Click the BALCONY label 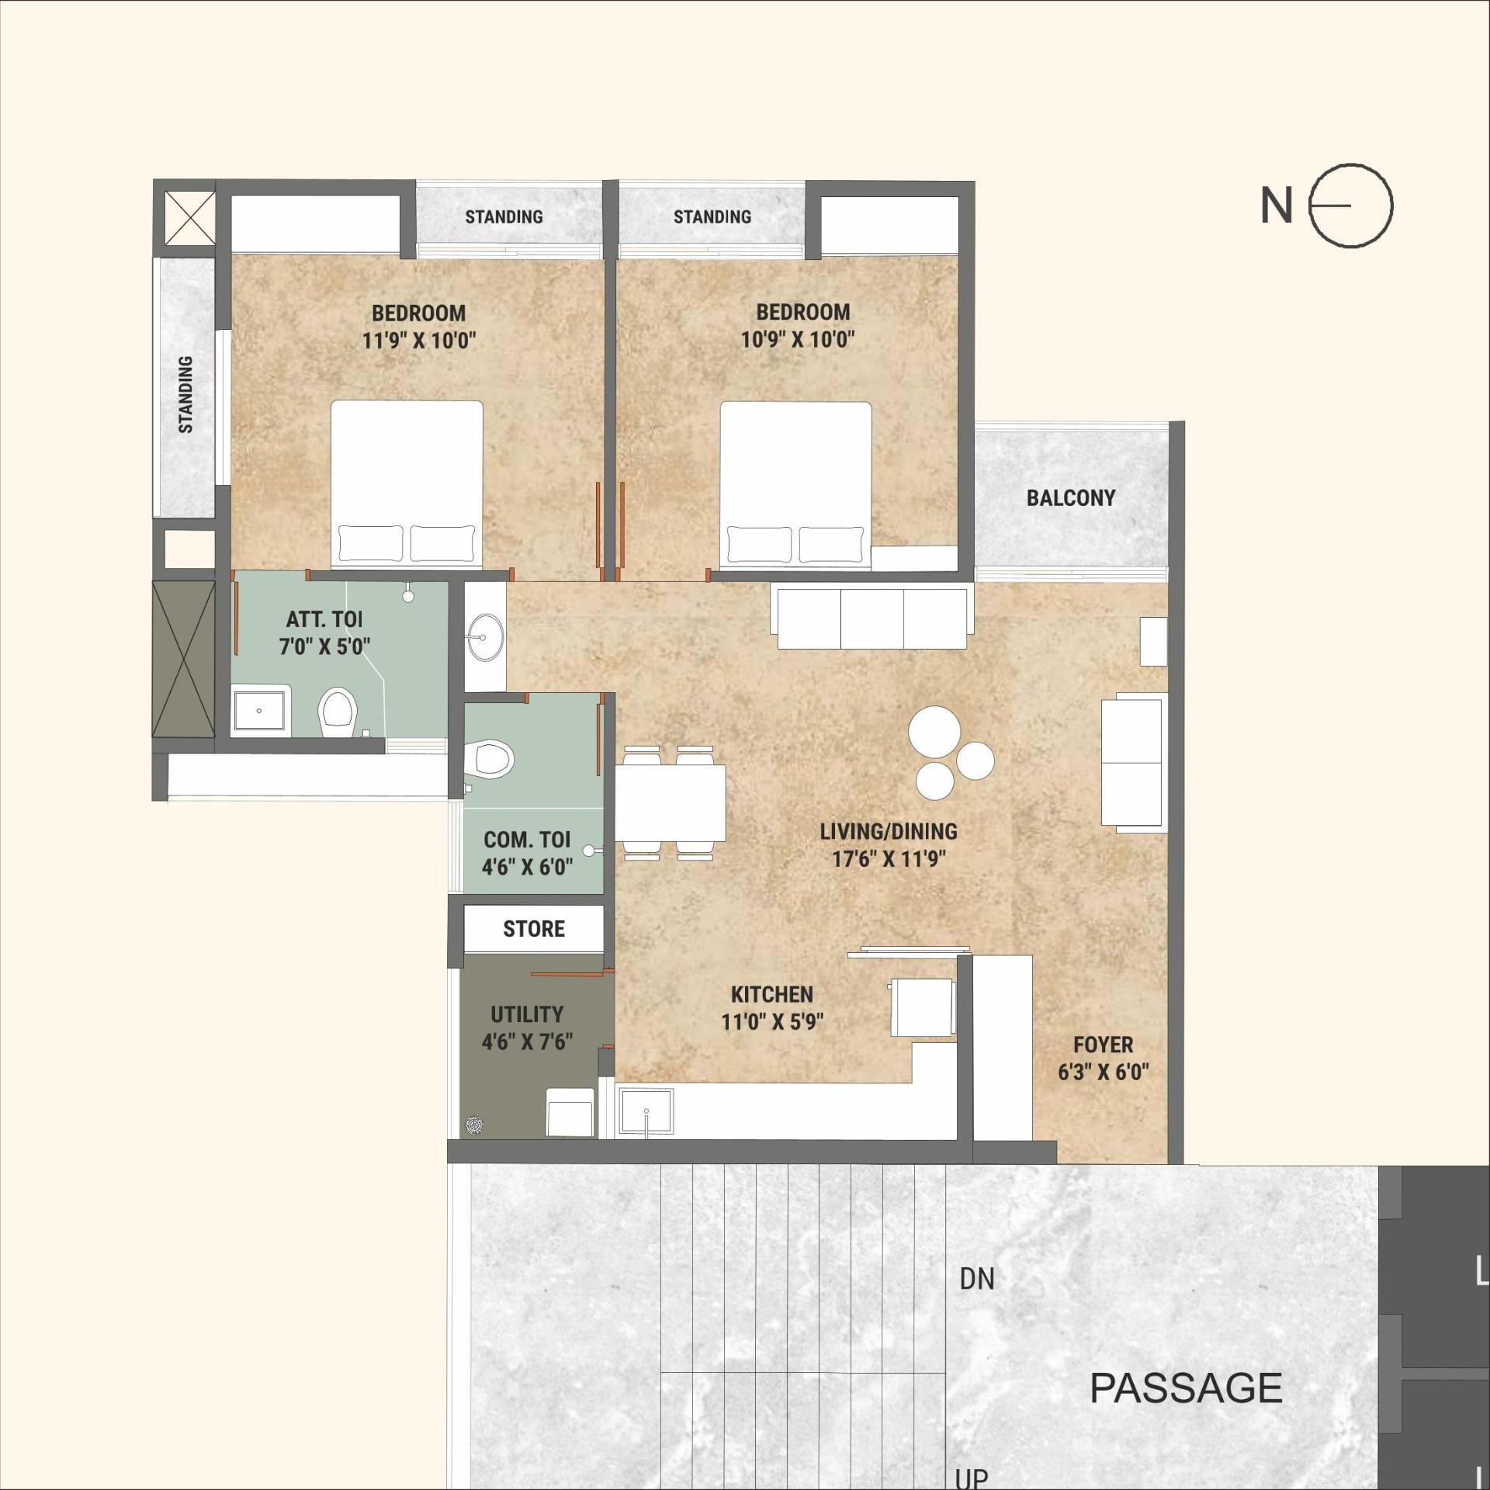[1070, 497]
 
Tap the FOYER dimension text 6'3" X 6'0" [1103, 1072]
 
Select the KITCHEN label [771, 994]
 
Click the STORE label [534, 928]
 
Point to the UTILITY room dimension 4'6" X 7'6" [527, 1041]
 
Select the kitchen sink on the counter [646, 1111]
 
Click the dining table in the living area [671, 803]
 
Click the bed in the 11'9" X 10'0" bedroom [407, 481]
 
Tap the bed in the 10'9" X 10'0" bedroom [795, 481]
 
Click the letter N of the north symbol [1277, 206]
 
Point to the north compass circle [1351, 206]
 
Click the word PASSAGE [1185, 1388]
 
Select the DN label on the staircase [976, 1279]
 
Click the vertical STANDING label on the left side [185, 394]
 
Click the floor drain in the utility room [475, 1124]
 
